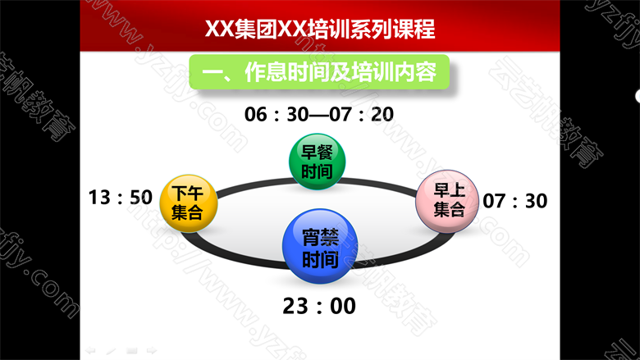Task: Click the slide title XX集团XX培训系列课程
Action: coord(320,29)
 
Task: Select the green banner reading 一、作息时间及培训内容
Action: coord(319,72)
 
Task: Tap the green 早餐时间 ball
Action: coord(318,162)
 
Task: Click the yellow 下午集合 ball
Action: coord(188,203)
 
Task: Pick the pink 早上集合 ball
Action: coord(447,201)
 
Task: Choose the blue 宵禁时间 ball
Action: coord(320,246)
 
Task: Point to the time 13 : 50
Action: coord(121,198)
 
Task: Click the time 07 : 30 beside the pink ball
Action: coord(515,201)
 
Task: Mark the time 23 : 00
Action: coord(319,306)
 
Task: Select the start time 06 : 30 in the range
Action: coord(277,114)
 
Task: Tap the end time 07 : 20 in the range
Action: coord(362,114)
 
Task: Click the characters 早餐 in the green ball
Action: coord(318,153)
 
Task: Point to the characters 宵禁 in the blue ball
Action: coord(320,236)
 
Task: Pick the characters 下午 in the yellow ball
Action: coord(187,194)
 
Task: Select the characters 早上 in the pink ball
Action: coord(450,190)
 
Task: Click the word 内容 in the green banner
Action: coord(415,72)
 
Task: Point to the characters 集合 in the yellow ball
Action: coord(187,212)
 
